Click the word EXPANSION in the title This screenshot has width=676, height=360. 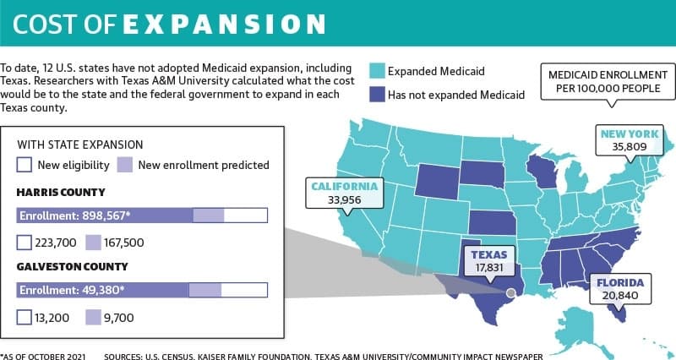pyautogui.click(x=224, y=25)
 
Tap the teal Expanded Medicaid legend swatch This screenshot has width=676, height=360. pyautogui.click(x=377, y=71)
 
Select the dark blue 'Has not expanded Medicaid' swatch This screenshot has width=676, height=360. pyautogui.click(x=377, y=95)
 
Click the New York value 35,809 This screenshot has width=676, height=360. pyautogui.click(x=630, y=147)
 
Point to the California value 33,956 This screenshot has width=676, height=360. pyautogui.click(x=344, y=200)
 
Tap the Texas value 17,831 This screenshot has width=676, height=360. pyautogui.click(x=489, y=268)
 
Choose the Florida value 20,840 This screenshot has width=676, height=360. pyautogui.click(x=620, y=296)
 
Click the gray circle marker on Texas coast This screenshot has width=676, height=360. pyautogui.click(x=510, y=293)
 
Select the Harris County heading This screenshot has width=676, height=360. pyautogui.click(x=61, y=193)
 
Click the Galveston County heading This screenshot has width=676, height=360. pyautogui.click(x=72, y=267)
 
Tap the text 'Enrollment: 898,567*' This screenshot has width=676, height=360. pyautogui.click(x=74, y=215)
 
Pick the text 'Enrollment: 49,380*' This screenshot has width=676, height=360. pyautogui.click(x=72, y=290)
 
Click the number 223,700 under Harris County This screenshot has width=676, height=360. pyautogui.click(x=56, y=243)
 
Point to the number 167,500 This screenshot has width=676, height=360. pyautogui.click(x=123, y=243)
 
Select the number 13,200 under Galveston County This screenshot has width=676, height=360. pyautogui.click(x=52, y=319)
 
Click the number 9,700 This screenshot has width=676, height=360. pyautogui.click(x=118, y=319)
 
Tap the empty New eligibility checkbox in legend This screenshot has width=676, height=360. pyautogui.click(x=25, y=165)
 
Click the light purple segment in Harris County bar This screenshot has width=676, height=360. pyautogui.click(x=208, y=215)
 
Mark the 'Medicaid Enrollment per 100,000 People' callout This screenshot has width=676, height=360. pyautogui.click(x=608, y=81)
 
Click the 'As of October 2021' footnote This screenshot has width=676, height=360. pyautogui.click(x=43, y=357)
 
